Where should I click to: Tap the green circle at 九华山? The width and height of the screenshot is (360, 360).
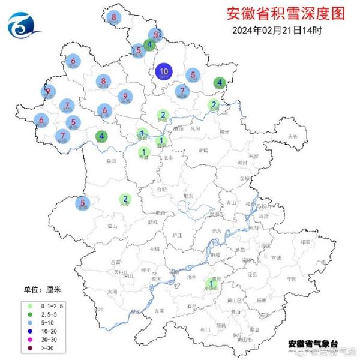click(x=211, y=283)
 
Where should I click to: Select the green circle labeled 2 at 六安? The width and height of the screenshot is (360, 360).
click(x=125, y=199)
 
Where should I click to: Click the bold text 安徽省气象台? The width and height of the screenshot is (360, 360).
click(x=313, y=344)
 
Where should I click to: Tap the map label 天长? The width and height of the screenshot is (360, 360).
click(x=293, y=137)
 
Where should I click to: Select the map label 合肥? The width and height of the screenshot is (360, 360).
click(x=161, y=190)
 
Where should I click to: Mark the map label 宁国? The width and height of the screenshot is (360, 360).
click(x=292, y=279)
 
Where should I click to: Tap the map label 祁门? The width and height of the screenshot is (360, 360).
click(x=205, y=329)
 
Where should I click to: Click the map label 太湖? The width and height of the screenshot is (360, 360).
click(x=112, y=292)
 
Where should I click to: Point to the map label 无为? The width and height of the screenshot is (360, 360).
click(x=217, y=231)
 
